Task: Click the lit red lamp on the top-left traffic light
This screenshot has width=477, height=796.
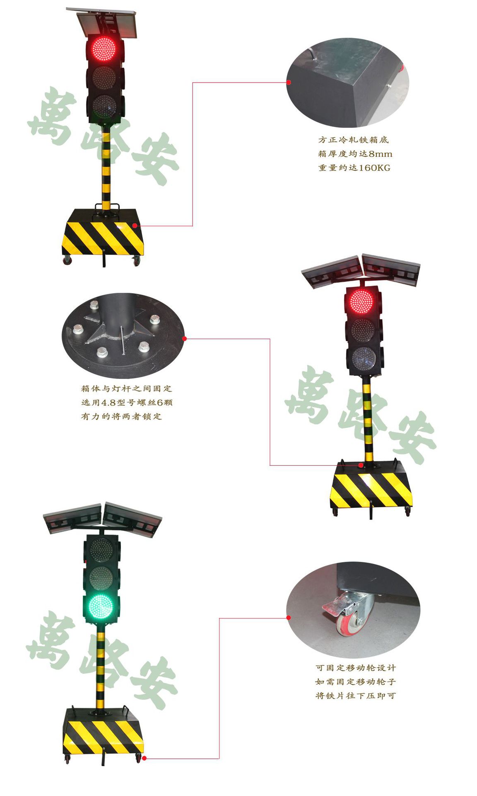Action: click(x=103, y=49)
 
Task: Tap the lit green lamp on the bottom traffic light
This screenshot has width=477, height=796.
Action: click(x=100, y=607)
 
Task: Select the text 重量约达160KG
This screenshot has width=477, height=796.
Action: click(x=354, y=168)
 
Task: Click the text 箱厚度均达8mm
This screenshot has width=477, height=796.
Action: click(x=355, y=154)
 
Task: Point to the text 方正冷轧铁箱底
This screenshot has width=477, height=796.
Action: click(x=354, y=140)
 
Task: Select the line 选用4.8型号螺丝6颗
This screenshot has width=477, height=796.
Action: click(x=127, y=402)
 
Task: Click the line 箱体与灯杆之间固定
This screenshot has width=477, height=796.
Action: click(x=126, y=388)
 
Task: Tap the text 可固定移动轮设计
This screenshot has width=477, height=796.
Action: click(x=356, y=668)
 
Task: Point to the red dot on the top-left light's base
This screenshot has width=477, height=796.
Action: click(x=135, y=226)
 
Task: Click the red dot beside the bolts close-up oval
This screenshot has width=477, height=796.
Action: click(x=185, y=339)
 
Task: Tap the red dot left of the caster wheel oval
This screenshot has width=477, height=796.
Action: click(x=289, y=618)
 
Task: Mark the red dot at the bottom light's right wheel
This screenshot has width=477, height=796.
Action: click(x=144, y=758)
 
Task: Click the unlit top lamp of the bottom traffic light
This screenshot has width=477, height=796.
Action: click(x=100, y=549)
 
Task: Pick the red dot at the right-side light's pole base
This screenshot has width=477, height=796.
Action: click(x=361, y=465)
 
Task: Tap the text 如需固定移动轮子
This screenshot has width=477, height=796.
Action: click(x=356, y=682)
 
